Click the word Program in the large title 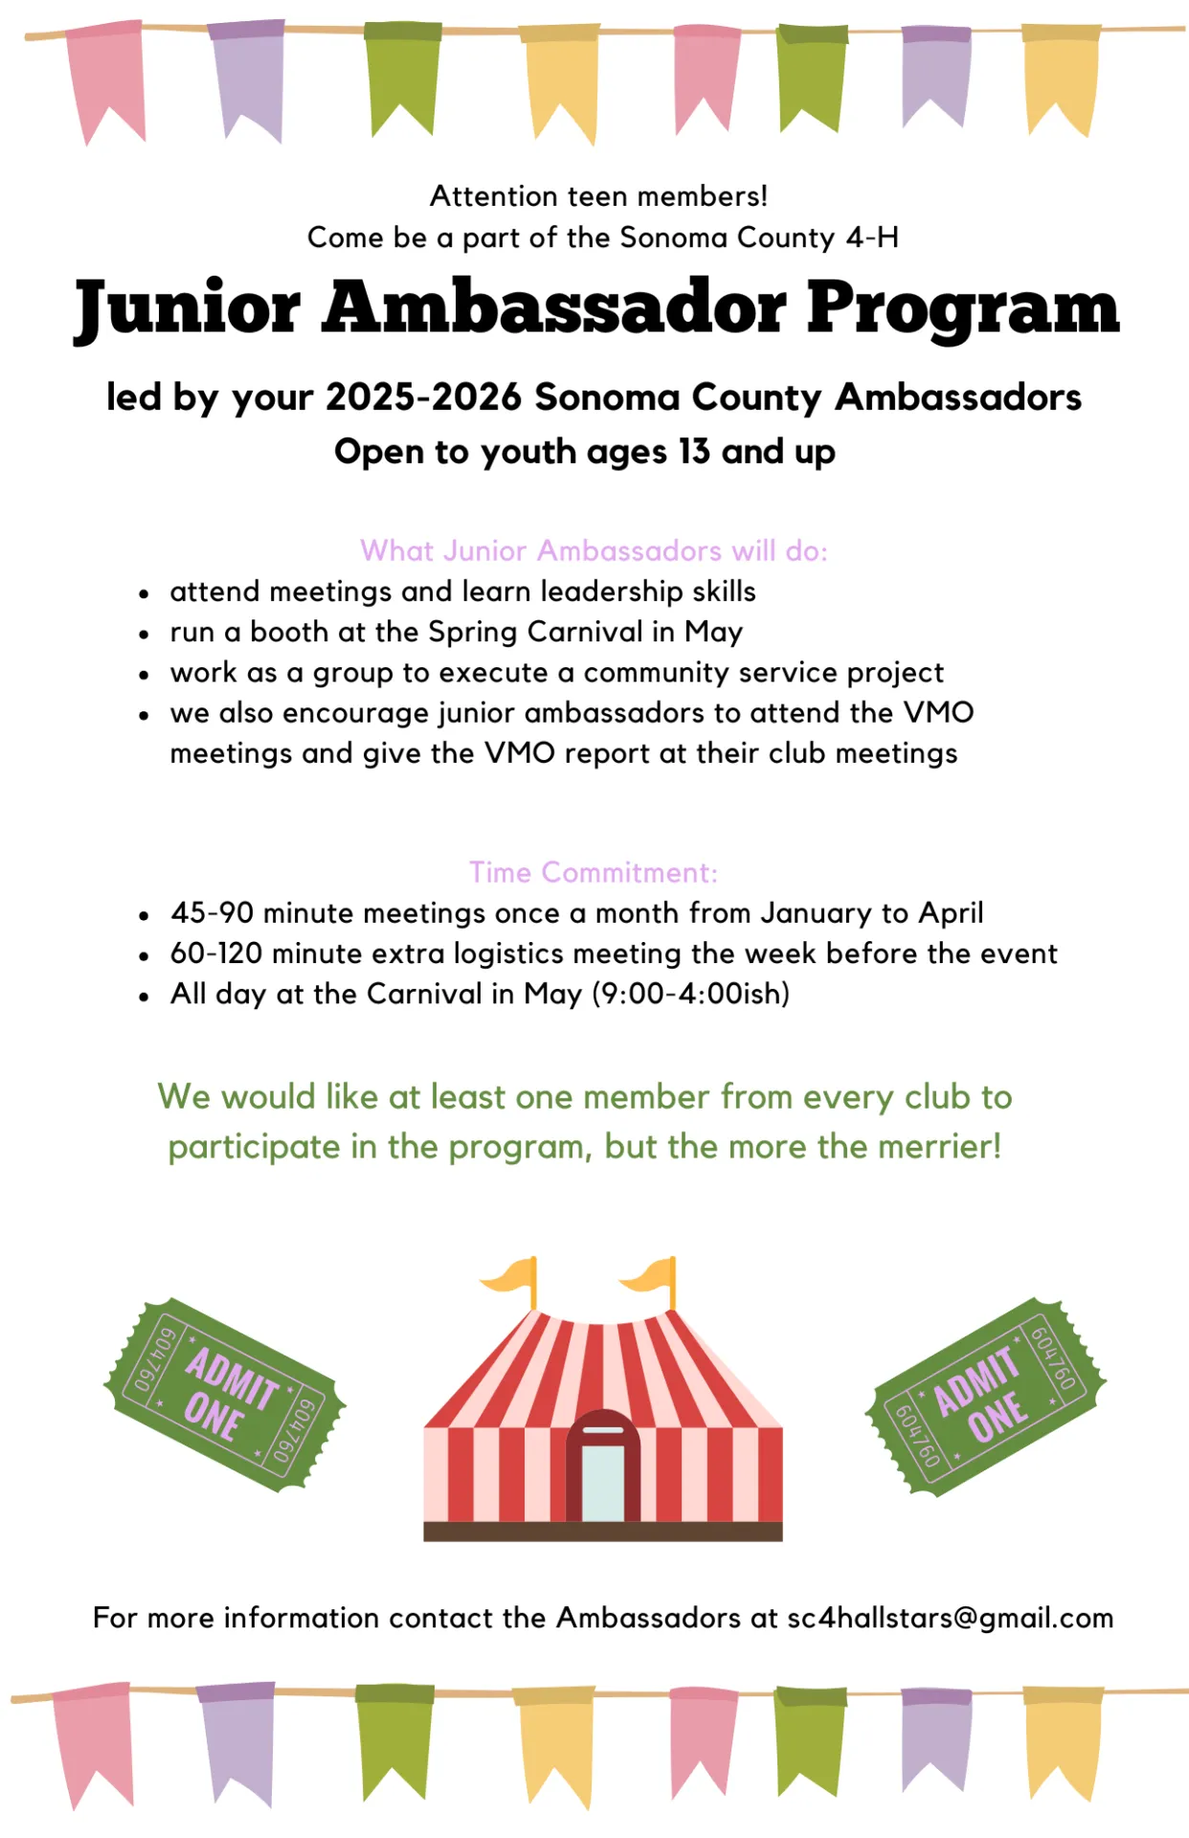pyautogui.click(x=962, y=309)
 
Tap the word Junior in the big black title pyautogui.click(x=188, y=309)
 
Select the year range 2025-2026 pyautogui.click(x=424, y=397)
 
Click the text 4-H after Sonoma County pyautogui.click(x=872, y=237)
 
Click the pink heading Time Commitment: pyautogui.click(x=593, y=872)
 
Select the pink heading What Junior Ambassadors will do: pyautogui.click(x=594, y=550)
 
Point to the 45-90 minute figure pyautogui.click(x=213, y=912)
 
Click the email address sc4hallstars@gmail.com pyautogui.click(x=950, y=1618)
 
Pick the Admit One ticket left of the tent pyautogui.click(x=224, y=1394)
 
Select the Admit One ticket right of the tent pyautogui.click(x=985, y=1396)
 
